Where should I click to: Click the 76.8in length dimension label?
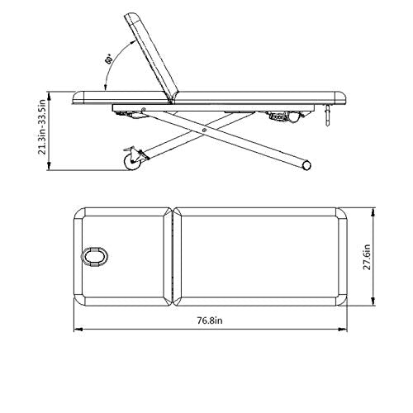click(x=210, y=320)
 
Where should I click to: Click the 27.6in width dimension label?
click(x=368, y=257)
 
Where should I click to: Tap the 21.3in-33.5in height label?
click(x=42, y=127)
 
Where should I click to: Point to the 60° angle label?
click(x=108, y=60)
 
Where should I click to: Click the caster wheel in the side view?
click(x=133, y=162)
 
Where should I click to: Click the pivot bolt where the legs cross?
click(x=204, y=130)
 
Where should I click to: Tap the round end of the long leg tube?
click(x=306, y=165)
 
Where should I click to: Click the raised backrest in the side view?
click(x=152, y=56)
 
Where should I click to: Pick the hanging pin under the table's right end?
click(x=327, y=115)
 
